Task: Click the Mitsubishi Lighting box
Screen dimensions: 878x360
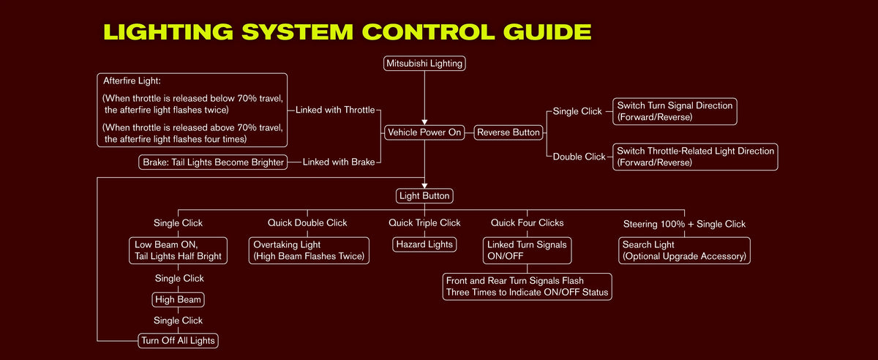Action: pos(424,63)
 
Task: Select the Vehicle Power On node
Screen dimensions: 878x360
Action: pos(424,132)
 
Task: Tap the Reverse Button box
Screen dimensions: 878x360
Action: pos(509,132)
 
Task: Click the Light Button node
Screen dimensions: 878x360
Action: pos(424,195)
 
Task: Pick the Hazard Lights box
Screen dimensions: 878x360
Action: pos(424,244)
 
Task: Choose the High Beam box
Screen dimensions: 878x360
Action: pos(178,299)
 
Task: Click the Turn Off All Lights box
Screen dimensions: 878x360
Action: pos(178,340)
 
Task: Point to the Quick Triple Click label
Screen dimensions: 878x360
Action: pos(424,222)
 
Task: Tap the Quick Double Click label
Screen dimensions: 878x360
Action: pos(307,222)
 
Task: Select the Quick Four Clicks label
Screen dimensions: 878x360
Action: pos(528,222)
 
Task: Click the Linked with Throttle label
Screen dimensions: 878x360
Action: pos(335,110)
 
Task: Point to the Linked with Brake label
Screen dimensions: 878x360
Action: pos(339,162)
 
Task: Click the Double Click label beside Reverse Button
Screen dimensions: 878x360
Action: pos(579,157)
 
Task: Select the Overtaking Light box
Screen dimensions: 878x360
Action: pos(309,250)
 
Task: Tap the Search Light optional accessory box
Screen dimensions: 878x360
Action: pos(684,250)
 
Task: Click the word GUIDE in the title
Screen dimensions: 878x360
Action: pos(547,31)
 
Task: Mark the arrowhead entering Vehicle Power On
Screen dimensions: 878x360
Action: pos(424,122)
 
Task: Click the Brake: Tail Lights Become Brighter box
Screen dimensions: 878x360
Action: pos(213,162)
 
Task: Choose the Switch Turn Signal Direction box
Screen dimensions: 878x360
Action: pos(675,111)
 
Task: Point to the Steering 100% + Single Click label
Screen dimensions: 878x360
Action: pos(684,224)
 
